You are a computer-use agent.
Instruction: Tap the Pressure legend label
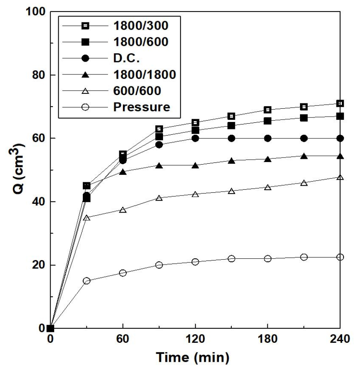[x=142, y=107]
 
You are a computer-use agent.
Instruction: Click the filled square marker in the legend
[x=85, y=42]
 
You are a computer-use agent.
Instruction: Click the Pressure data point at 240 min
[x=340, y=257]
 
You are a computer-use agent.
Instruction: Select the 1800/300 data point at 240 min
[x=340, y=103]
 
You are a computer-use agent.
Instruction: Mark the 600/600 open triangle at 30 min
[x=86, y=217]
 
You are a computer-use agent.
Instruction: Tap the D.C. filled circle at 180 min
[x=268, y=138]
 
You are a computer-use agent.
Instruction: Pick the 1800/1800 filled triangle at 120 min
[x=195, y=165]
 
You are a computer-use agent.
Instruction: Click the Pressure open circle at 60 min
[x=123, y=273]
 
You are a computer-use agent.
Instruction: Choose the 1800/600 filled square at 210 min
[x=304, y=118]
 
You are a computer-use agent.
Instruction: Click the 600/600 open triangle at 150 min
[x=231, y=191]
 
